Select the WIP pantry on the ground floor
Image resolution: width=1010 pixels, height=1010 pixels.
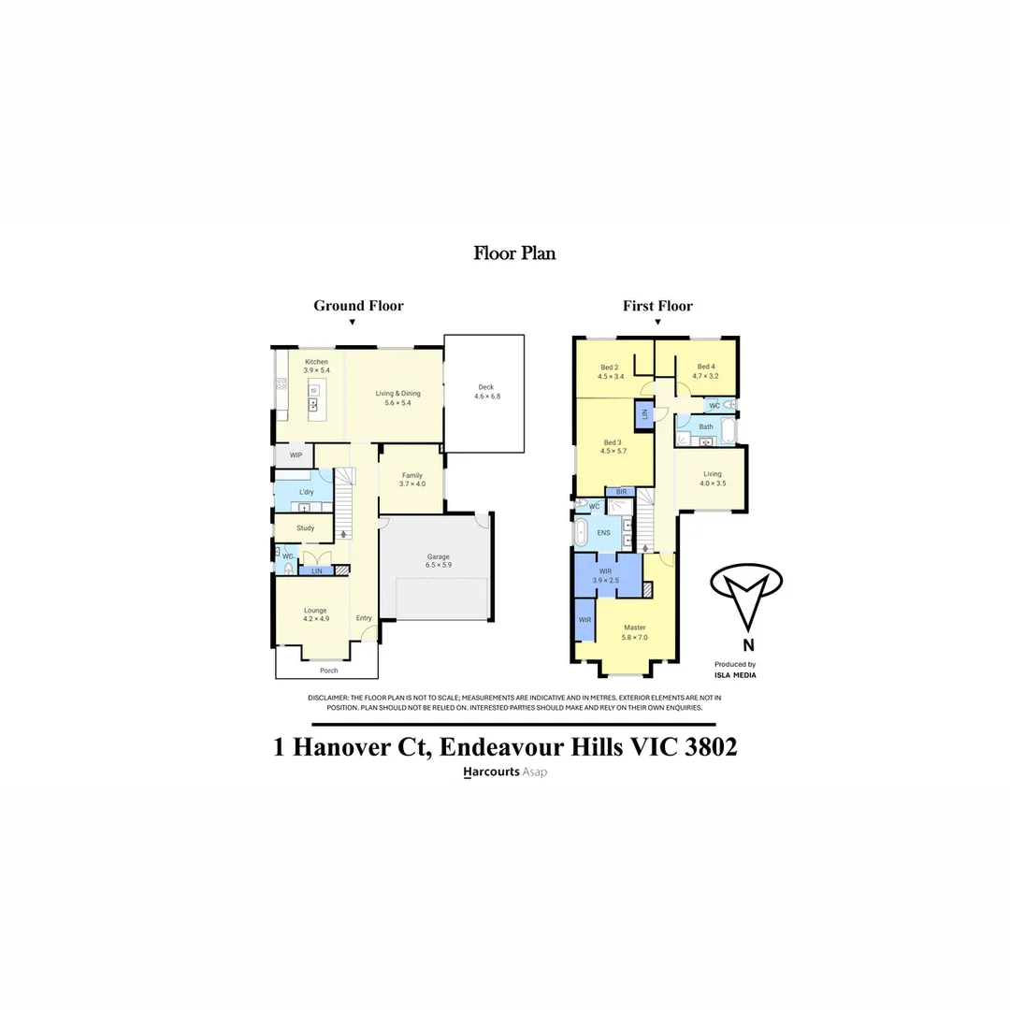pos(296,455)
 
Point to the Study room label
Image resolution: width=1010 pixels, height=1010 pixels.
pos(305,528)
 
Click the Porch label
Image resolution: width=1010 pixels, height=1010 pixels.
pos(328,671)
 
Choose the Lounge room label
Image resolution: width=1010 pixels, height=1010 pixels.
pos(314,611)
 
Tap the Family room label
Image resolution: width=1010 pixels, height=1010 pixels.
pos(411,476)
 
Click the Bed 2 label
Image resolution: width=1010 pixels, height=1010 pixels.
pos(610,367)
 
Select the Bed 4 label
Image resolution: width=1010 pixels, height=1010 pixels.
pos(706,367)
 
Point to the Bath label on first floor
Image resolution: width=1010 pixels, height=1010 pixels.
pos(705,426)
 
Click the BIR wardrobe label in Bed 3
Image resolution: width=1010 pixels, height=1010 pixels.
pos(620,492)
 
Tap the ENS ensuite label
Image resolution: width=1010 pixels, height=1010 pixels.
pos(603,533)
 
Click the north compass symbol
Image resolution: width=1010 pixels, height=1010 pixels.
pos(746,595)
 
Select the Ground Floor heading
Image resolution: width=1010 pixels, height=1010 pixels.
pos(358,306)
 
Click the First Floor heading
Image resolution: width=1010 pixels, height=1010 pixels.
pos(657,306)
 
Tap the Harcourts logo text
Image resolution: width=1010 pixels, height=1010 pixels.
pos(491,772)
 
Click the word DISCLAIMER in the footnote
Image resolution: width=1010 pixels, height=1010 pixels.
pos(327,698)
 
